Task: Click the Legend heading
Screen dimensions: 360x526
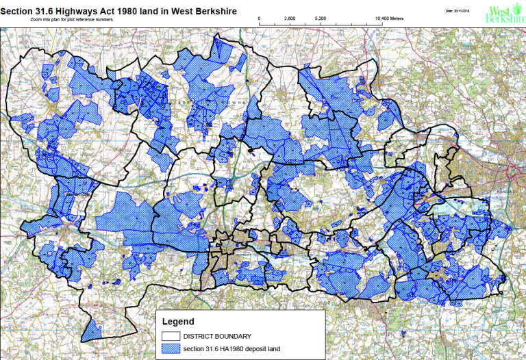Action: click(178, 321)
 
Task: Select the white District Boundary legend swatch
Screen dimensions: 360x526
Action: click(170, 336)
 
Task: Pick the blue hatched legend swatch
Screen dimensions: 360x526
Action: click(170, 348)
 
